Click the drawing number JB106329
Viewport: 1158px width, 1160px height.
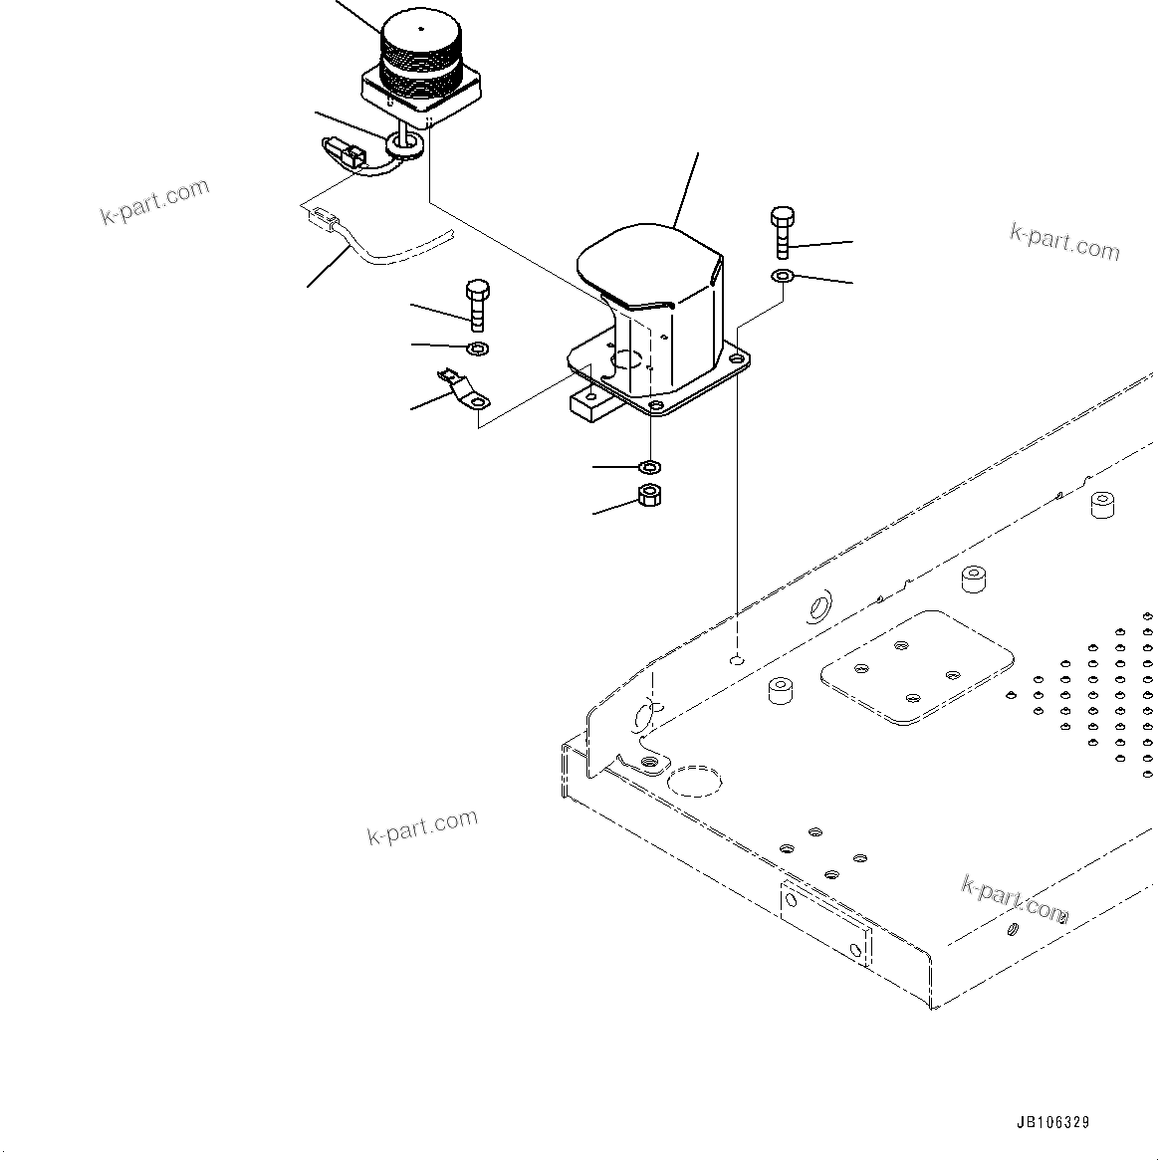pyautogui.click(x=1052, y=1122)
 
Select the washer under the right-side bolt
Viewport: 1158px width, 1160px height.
pyautogui.click(x=782, y=275)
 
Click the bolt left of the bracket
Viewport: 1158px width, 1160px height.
pyautogui.click(x=477, y=304)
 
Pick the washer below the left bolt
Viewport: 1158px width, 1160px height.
pyautogui.click(x=477, y=348)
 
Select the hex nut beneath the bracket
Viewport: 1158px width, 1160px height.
pyautogui.click(x=649, y=494)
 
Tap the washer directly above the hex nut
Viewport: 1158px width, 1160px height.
pyautogui.click(x=650, y=466)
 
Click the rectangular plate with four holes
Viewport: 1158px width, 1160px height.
pyautogui.click(x=916, y=668)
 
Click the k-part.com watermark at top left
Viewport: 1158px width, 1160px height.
pyautogui.click(x=155, y=201)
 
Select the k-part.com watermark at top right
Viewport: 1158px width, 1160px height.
pyautogui.click(x=1064, y=241)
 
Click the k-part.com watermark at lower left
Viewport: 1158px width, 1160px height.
pyautogui.click(x=422, y=826)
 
